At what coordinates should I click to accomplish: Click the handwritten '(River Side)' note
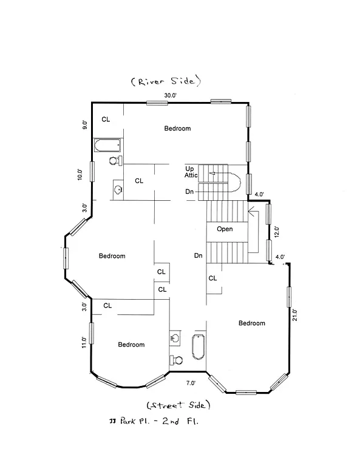165,81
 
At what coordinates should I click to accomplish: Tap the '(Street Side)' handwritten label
178,404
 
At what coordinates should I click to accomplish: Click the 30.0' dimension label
170,95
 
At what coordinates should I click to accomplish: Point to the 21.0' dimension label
296,316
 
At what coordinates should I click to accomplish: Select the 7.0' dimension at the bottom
190,383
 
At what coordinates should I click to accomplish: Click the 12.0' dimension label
277,231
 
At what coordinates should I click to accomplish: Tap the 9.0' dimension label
85,124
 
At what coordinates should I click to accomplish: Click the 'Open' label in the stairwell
225,229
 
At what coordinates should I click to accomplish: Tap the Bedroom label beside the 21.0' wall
251,323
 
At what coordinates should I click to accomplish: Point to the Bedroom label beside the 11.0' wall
131,345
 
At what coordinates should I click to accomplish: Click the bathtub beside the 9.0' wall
107,146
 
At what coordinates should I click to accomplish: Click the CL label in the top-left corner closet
106,119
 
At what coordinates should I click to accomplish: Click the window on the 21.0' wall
290,298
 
